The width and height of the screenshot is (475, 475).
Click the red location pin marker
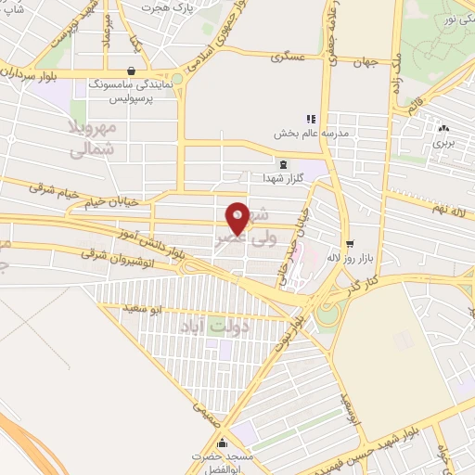point(237,217)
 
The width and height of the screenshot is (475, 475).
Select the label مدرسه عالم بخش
point(310,134)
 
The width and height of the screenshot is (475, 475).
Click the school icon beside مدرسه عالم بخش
point(311,119)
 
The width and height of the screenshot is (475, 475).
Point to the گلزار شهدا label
point(281,177)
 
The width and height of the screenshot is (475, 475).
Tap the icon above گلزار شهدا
point(282,163)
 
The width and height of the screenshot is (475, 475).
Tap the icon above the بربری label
point(443,130)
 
